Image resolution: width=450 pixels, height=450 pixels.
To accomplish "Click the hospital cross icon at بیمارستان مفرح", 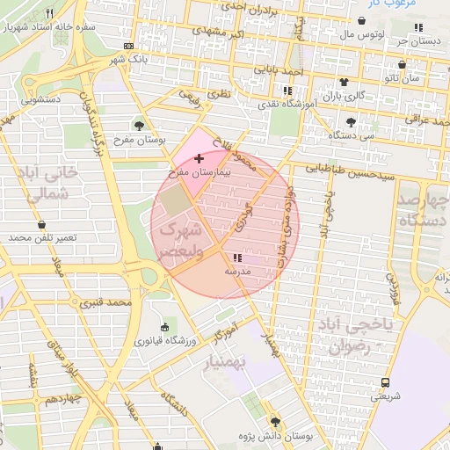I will click(198, 158).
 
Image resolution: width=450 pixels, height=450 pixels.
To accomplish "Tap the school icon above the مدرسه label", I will click(237, 258).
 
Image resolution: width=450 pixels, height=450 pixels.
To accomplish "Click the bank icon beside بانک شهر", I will click(129, 46).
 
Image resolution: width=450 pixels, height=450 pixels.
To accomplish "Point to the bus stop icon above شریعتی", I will click(385, 382).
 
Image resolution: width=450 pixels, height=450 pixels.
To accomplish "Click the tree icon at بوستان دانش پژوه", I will click(275, 422).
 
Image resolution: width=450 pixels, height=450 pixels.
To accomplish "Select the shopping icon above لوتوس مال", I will click(362, 21).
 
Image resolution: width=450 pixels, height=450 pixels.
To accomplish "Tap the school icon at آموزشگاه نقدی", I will click(287, 91).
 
